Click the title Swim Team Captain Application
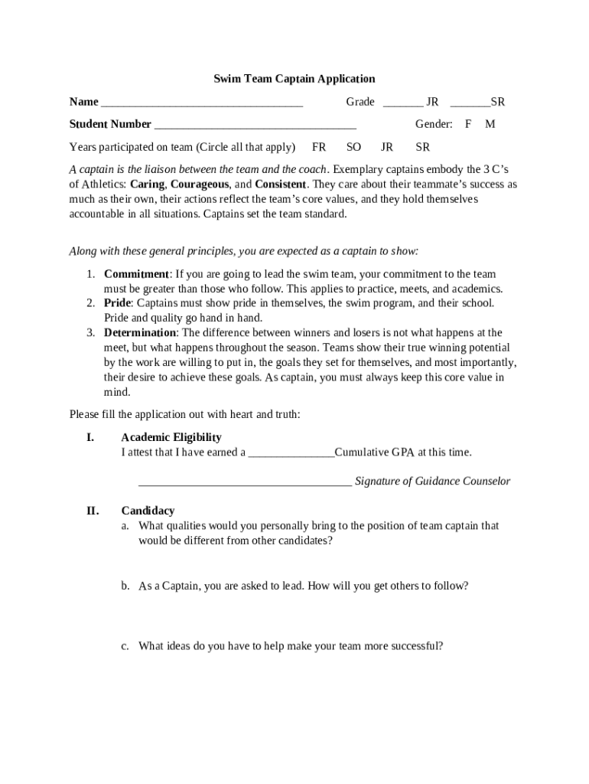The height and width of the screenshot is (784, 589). tap(294, 79)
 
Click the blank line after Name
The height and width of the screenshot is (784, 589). tap(202, 103)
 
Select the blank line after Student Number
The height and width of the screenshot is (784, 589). tap(255, 126)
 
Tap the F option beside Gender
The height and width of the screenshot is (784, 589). tap(468, 124)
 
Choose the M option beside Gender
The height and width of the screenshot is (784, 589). tap(490, 124)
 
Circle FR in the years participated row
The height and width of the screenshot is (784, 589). tap(319, 147)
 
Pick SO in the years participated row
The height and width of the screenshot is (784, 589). tap(353, 147)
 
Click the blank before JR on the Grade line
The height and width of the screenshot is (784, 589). tap(402, 103)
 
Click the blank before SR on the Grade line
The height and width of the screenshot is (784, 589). tap(470, 103)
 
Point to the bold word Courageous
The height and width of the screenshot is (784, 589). tap(199, 185)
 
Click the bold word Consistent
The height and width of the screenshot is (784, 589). tap(280, 185)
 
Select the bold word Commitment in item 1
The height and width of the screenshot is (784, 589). tap(136, 274)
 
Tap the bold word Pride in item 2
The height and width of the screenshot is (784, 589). tap(118, 303)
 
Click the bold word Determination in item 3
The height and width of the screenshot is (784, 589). tap(140, 333)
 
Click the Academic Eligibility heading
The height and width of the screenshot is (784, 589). tap(171, 437)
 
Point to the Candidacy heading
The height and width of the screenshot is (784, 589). tap(148, 511)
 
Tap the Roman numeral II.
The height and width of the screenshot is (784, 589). tap(92, 511)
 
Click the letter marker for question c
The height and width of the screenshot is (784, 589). tap(125, 646)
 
